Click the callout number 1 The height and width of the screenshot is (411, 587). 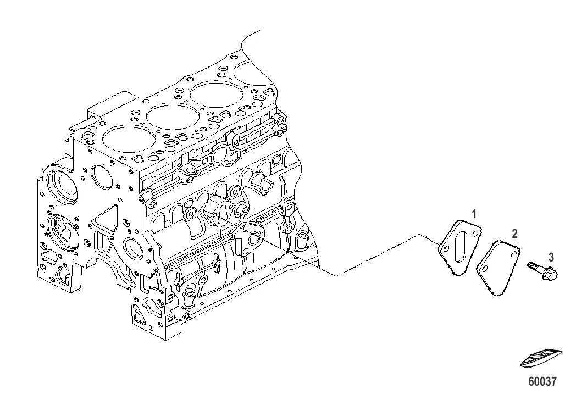point(474,214)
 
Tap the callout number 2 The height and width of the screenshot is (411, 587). point(514,234)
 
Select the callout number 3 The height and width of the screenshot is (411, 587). point(551,257)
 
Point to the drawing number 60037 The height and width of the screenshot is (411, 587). point(542,381)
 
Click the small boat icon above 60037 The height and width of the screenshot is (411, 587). point(541,358)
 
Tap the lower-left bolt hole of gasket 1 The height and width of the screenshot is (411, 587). point(446,249)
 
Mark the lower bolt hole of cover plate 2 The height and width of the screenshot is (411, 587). point(485,269)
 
